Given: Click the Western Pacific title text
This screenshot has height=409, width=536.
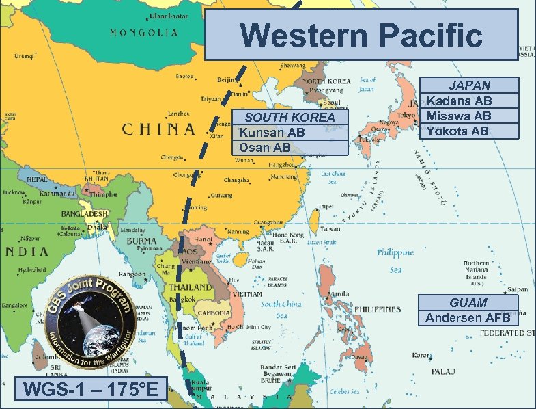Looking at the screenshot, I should [x=362, y=34].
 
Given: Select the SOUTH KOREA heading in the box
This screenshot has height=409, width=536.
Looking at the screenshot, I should [x=290, y=117].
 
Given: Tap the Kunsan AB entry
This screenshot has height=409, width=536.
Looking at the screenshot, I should [x=272, y=132].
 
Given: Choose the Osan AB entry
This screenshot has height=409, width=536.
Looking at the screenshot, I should [x=265, y=147].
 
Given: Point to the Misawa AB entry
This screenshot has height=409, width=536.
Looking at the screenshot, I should [x=459, y=116].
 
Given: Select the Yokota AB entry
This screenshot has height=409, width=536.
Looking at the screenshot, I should [x=457, y=130].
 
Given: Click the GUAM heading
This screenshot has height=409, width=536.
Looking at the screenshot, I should [x=468, y=302].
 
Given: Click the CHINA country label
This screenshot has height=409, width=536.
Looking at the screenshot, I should [x=159, y=129].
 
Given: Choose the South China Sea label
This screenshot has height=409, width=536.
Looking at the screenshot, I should [x=281, y=308].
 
